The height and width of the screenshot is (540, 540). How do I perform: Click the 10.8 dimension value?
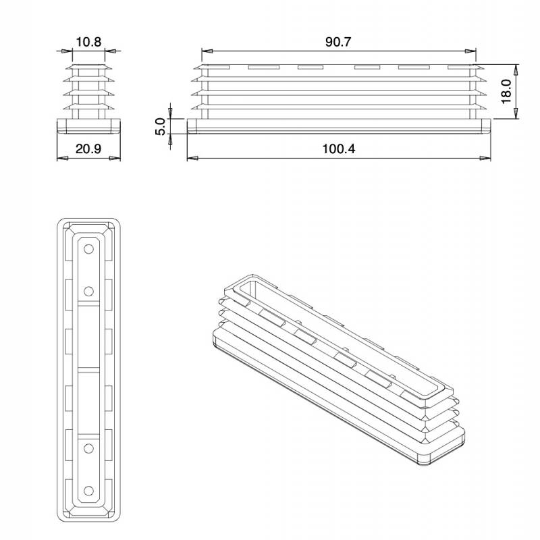click(x=88, y=42)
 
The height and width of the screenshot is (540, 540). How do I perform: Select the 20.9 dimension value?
click(x=88, y=149)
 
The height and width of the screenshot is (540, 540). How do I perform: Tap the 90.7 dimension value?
click(x=338, y=42)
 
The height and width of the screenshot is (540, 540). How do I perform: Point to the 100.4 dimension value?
click(x=338, y=149)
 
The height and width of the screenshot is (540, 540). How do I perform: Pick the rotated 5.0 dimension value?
click(x=161, y=127)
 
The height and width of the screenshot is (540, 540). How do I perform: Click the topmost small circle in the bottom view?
click(x=88, y=249)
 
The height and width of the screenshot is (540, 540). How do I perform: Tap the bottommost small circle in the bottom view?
click(x=88, y=490)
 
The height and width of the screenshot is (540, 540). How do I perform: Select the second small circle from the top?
click(x=88, y=291)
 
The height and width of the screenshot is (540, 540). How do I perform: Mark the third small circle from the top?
click(x=88, y=448)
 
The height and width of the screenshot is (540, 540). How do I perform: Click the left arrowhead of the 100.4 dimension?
click(x=191, y=158)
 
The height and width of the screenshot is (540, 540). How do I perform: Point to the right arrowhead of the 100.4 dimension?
click(x=486, y=158)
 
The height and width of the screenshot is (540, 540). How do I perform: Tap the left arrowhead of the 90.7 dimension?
click(x=206, y=51)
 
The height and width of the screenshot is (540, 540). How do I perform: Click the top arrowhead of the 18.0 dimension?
click(x=517, y=69)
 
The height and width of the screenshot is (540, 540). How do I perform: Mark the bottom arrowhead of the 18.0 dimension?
click(x=517, y=116)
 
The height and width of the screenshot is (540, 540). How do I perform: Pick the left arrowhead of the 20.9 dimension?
click(x=61, y=158)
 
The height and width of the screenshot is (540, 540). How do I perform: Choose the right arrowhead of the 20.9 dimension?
click(x=116, y=158)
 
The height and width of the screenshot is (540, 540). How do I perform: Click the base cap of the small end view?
click(x=88, y=126)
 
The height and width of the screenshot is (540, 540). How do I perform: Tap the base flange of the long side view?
click(x=338, y=126)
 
